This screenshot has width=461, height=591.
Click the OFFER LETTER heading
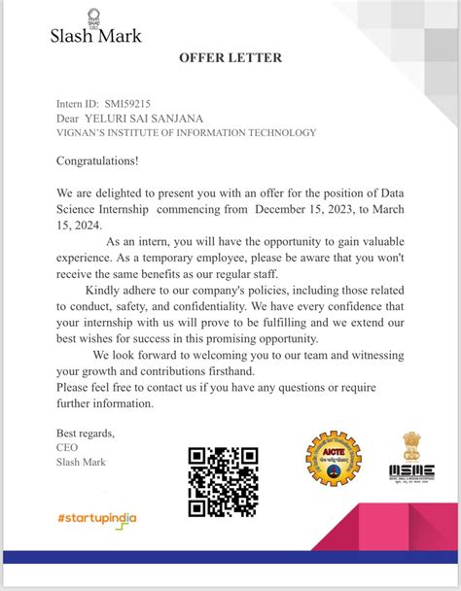(230, 58)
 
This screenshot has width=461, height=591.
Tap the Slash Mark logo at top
(95, 30)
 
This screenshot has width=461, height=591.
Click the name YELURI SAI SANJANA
(150, 118)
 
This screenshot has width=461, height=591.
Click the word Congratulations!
(97, 161)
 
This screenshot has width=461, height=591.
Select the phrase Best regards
(86, 433)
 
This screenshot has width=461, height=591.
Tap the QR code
(223, 481)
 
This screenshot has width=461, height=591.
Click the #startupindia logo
(97, 518)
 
